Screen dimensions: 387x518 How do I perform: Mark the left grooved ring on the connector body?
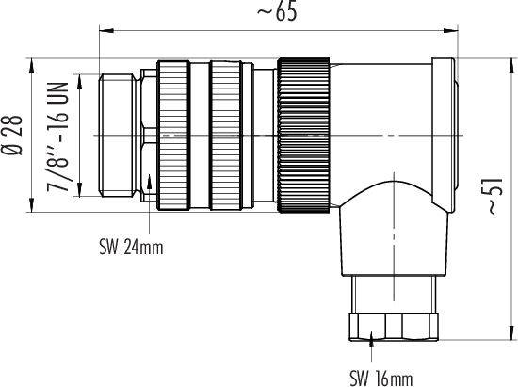[x=173, y=135]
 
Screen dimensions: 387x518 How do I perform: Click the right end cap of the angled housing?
[x=443, y=122]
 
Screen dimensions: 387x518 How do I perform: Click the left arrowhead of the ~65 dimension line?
[x=102, y=31]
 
